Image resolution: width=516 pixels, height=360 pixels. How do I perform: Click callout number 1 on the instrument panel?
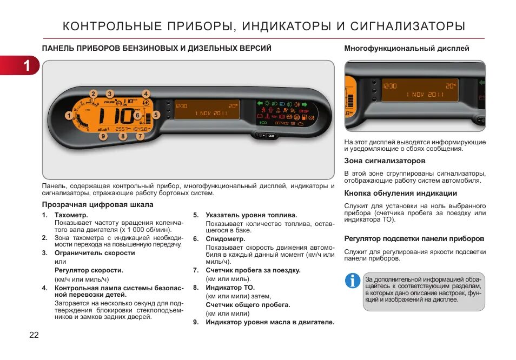coord(69,115)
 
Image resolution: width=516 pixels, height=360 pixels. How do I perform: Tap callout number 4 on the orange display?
coord(145,94)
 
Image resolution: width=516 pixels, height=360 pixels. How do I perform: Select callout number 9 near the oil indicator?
coord(103,136)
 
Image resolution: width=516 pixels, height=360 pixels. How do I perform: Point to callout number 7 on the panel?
coord(140,136)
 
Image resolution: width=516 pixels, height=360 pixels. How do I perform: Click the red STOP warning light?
coord(303,111)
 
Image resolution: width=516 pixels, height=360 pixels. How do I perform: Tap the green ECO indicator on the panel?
coord(263,123)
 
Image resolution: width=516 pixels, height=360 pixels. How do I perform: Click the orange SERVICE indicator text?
coord(281,123)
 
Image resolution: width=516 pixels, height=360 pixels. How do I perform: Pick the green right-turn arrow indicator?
coord(321,102)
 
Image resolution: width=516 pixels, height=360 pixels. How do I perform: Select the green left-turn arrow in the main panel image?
coord(260,103)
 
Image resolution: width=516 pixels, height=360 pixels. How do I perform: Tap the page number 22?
coord(34,335)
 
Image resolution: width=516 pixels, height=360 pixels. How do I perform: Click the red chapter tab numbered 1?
coord(22,65)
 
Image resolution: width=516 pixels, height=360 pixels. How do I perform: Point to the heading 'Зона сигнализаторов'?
coord(385,161)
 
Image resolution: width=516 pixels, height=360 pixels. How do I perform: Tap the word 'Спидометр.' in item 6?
coord(225,238)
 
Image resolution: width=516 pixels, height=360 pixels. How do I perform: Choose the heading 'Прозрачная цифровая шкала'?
coord(98,204)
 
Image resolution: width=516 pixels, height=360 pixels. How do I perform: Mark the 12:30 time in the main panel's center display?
coord(182,106)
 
